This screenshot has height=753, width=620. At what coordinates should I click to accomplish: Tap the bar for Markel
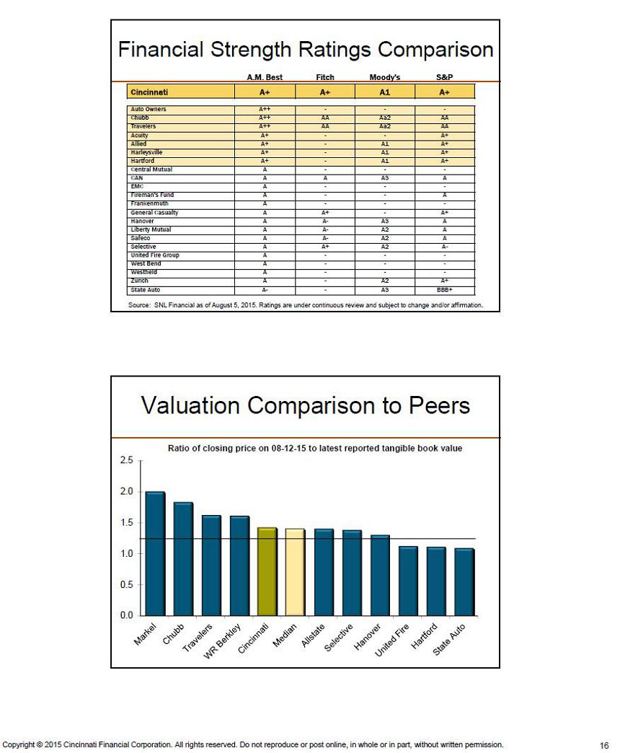pyautogui.click(x=155, y=553)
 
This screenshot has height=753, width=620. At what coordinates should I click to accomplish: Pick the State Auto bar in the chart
pyautogui.click(x=464, y=582)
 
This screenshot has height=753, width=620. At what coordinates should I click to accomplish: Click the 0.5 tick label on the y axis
pyautogui.click(x=126, y=584)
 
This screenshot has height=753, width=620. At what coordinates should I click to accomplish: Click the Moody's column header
pyautogui.click(x=385, y=77)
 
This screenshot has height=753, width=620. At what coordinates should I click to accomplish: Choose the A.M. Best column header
pyautogui.click(x=265, y=77)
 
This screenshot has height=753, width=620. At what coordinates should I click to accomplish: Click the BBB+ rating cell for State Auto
pyautogui.click(x=445, y=290)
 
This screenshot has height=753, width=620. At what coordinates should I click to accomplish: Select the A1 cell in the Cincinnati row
pyautogui.click(x=385, y=92)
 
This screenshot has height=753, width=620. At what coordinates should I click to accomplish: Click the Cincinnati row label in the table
pyautogui.click(x=149, y=92)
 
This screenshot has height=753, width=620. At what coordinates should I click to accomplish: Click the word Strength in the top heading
pyautogui.click(x=252, y=50)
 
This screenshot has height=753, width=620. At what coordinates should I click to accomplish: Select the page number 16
pyautogui.click(x=604, y=745)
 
